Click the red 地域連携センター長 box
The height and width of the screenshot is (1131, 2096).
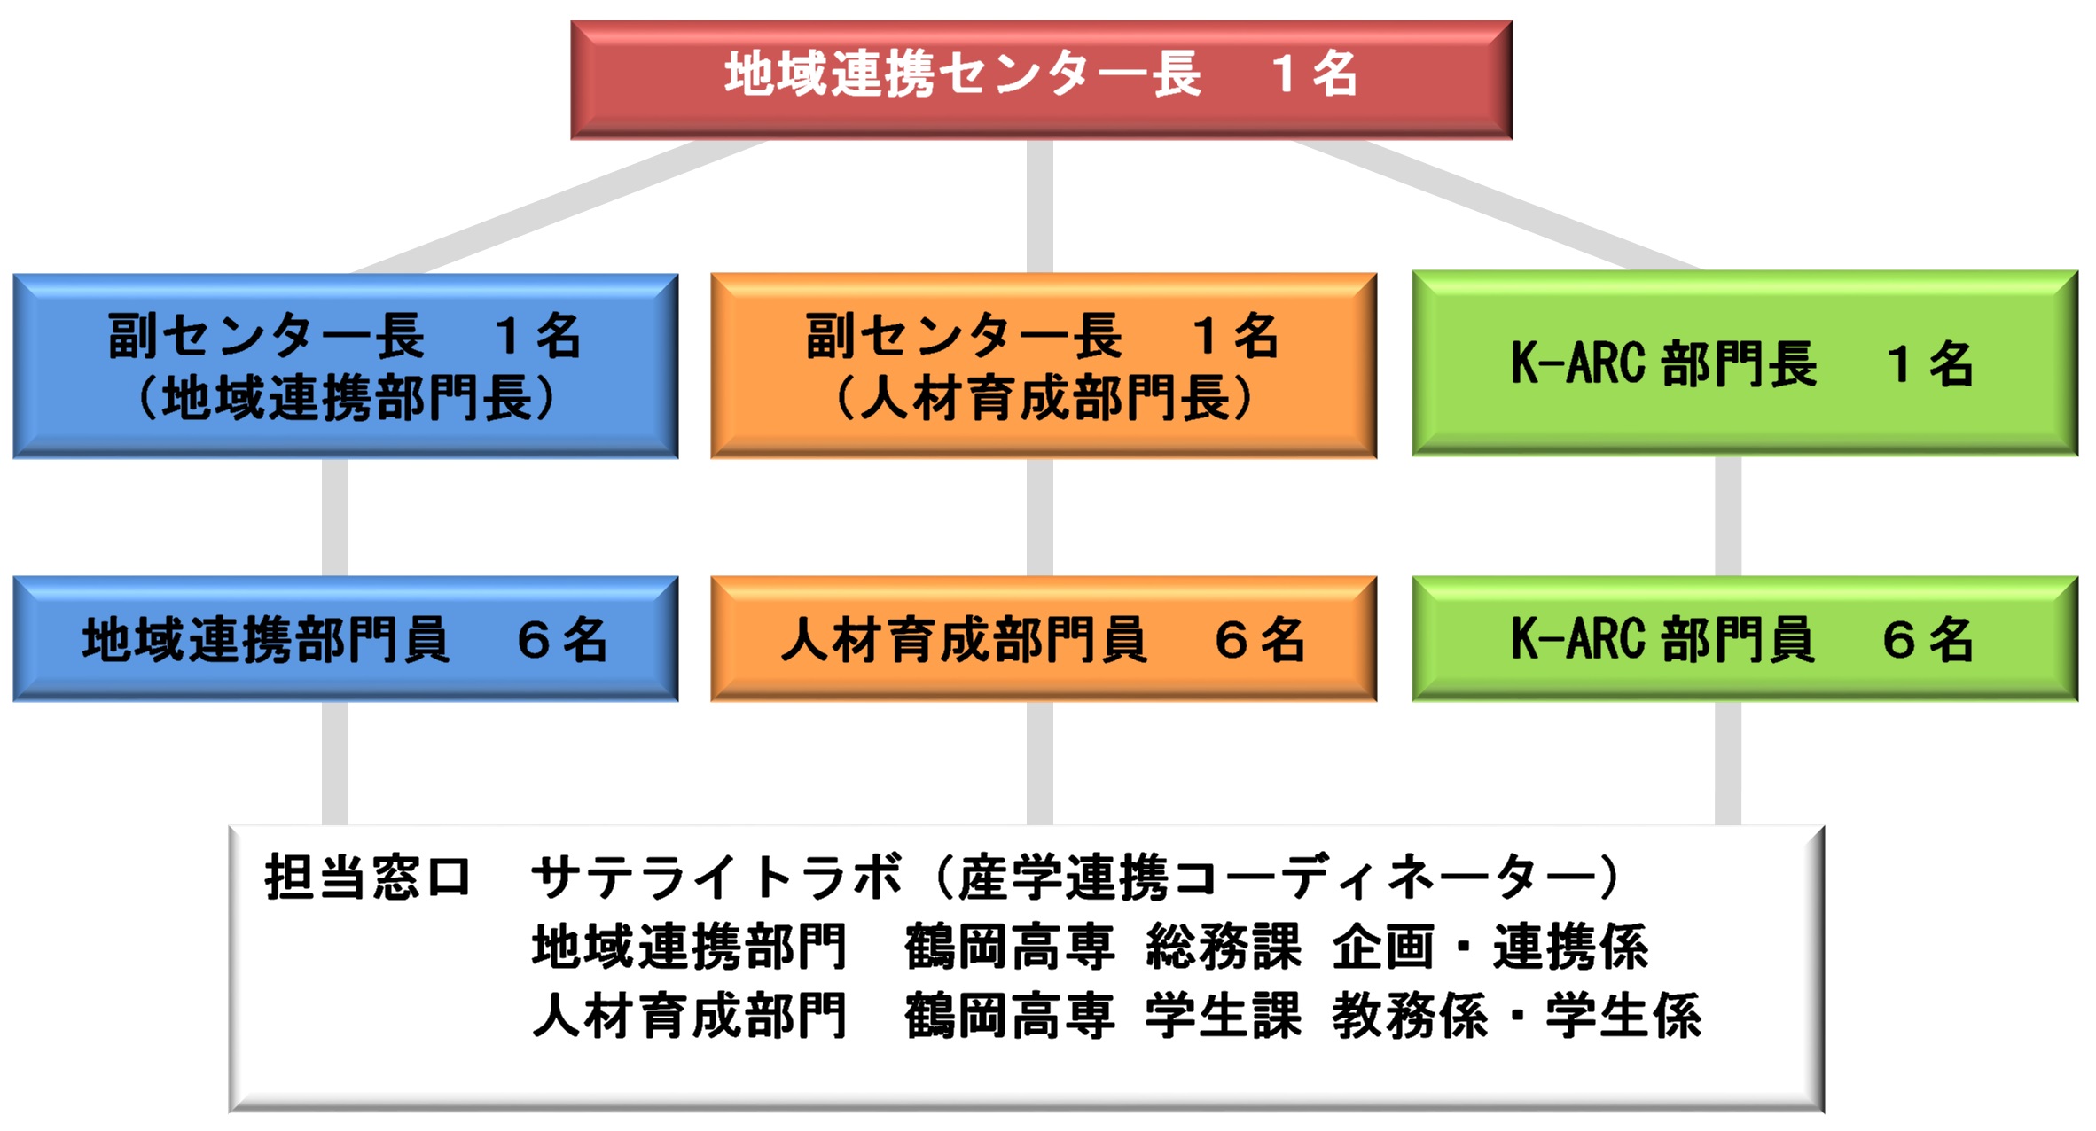click(x=1041, y=80)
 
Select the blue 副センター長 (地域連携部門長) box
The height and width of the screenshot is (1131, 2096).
click(x=346, y=366)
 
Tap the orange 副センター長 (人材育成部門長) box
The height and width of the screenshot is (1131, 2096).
click(x=1044, y=366)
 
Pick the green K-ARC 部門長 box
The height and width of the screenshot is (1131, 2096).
click(x=1745, y=363)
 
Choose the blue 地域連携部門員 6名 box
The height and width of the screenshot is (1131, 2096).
click(x=346, y=639)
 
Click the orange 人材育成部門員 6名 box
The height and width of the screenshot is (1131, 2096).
click(x=1044, y=639)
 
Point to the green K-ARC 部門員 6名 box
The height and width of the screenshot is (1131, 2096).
click(x=1745, y=639)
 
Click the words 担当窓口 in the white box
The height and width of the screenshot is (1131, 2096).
click(x=367, y=877)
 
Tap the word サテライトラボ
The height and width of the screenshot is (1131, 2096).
click(x=716, y=877)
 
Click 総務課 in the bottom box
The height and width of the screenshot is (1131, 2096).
click(x=1224, y=947)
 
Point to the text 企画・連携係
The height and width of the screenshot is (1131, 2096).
click(x=1490, y=947)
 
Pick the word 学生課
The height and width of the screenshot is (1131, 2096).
click(x=1224, y=1016)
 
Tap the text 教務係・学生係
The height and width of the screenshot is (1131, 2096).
click(x=1517, y=1016)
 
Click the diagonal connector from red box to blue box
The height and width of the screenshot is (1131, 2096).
click(x=559, y=206)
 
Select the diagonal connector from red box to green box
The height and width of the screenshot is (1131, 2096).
click(x=1497, y=205)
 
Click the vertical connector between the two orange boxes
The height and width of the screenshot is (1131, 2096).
click(x=1040, y=518)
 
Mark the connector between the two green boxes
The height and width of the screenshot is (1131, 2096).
click(x=1728, y=517)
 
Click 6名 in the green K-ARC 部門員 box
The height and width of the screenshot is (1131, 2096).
click(x=1928, y=639)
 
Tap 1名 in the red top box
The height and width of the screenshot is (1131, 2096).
click(x=1314, y=73)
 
